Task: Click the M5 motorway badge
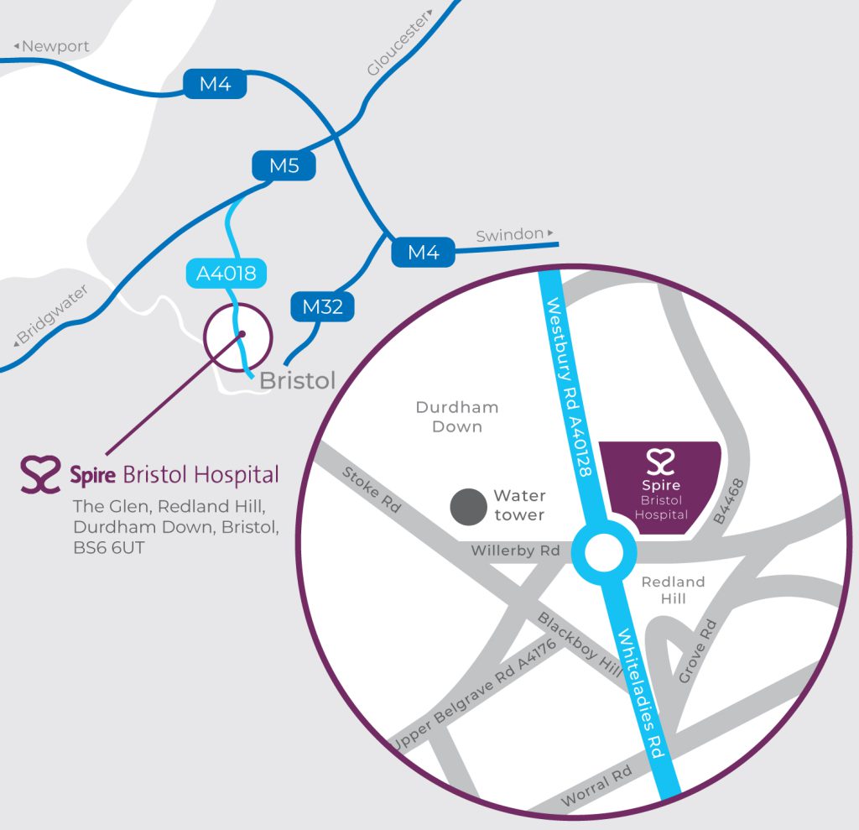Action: (x=284, y=166)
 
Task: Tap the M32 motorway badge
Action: (x=323, y=307)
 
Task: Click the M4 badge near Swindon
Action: (x=424, y=252)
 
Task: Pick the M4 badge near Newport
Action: (x=216, y=84)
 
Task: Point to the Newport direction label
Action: (x=51, y=46)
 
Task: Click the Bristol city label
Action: (x=297, y=380)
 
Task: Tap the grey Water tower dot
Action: (x=467, y=506)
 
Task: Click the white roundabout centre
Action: (x=604, y=553)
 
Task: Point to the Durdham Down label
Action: (x=457, y=416)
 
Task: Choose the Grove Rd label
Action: (x=698, y=650)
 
